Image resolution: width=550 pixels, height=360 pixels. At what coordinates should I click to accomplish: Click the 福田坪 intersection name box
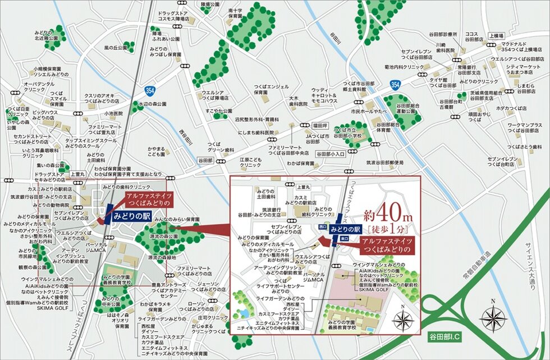pos(308,126)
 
